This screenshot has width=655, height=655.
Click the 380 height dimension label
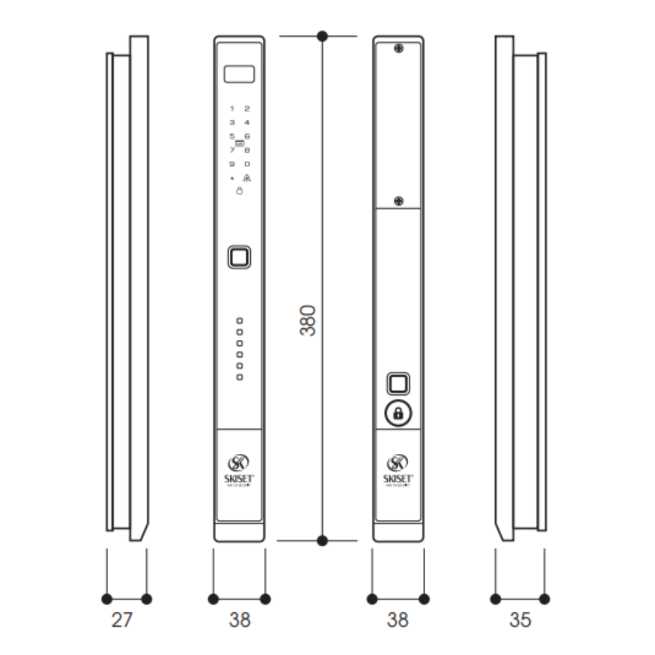point(308,320)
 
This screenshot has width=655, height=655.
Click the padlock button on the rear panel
point(398,413)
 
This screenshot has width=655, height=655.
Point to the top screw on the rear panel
point(398,48)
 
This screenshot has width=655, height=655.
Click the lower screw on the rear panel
point(398,200)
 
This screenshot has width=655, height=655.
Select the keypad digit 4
point(247,122)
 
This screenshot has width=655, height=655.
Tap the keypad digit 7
point(232,150)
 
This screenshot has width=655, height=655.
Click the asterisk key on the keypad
point(232,178)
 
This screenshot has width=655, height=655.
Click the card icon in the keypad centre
point(239,143)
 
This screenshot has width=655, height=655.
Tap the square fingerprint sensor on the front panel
point(239,257)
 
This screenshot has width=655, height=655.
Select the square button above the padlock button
point(398,383)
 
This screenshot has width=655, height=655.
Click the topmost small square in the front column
point(240,320)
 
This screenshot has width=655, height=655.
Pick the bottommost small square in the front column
point(240,377)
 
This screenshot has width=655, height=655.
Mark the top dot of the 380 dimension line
point(322,36)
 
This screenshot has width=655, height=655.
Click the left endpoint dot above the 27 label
point(107,599)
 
